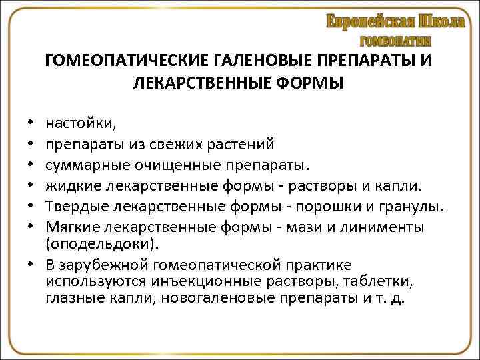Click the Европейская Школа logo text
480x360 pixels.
pos(395,21)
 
